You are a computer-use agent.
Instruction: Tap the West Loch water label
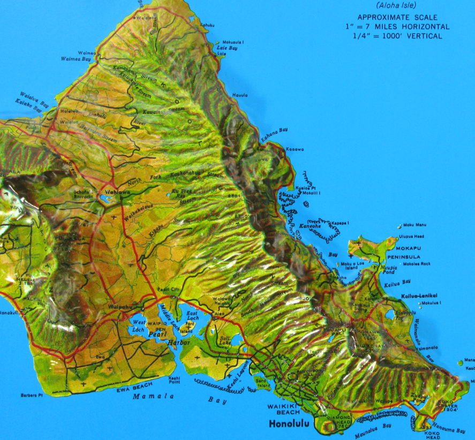tap(139, 325)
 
